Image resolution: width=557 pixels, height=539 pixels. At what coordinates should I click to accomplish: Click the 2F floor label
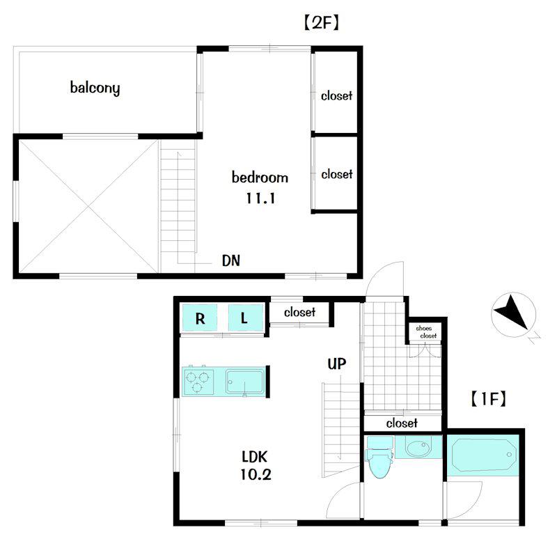pyautogui.click(x=322, y=24)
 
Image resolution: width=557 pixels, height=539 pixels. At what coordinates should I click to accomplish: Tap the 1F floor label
pyautogui.click(x=489, y=399)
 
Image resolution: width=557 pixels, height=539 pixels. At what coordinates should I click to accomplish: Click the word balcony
pyautogui.click(x=95, y=88)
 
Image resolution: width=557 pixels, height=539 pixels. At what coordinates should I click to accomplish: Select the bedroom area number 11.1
pyautogui.click(x=260, y=198)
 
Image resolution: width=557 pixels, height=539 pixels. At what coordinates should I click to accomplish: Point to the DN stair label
pyautogui.click(x=231, y=260)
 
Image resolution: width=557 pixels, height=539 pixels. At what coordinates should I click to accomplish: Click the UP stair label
pyautogui.click(x=336, y=364)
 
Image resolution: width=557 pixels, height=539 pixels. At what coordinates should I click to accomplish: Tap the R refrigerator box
pyautogui.click(x=200, y=318)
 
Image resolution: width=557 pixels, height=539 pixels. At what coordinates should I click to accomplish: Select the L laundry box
pyautogui.click(x=245, y=318)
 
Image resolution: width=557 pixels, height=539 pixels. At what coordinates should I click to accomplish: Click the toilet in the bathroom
pyautogui.click(x=379, y=458)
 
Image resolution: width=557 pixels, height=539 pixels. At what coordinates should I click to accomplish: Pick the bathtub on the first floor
pyautogui.click(x=483, y=455)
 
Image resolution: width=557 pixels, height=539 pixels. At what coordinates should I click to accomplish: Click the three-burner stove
pyautogui.click(x=198, y=382)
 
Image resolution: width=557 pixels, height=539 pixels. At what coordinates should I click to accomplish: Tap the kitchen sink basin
pyautogui.click(x=245, y=382)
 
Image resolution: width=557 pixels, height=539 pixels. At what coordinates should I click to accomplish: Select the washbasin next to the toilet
pyautogui.click(x=418, y=447)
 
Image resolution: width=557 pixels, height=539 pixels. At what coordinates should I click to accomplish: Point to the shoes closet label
pyautogui.click(x=426, y=332)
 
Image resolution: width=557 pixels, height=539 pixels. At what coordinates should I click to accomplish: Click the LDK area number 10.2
pyautogui.click(x=256, y=474)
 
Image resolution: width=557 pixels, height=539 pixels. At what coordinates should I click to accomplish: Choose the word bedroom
pyautogui.click(x=260, y=178)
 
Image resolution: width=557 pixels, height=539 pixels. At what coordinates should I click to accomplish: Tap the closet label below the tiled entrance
pyautogui.click(x=402, y=423)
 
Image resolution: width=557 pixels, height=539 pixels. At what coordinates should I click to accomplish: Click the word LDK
pyautogui.click(x=255, y=457)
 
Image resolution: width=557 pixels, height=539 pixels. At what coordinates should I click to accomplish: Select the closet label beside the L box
pyautogui.click(x=299, y=312)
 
